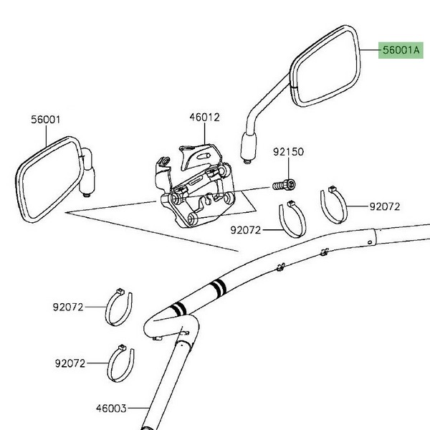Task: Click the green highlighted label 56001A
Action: pos(401,50)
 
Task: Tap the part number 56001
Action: pos(46,120)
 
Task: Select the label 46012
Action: pos(204,118)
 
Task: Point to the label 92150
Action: pos(288,152)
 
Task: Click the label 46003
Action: pos(111,408)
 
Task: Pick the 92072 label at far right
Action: pos(385,206)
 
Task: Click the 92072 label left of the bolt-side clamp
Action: pos(245,230)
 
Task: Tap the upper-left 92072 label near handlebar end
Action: pos(68,307)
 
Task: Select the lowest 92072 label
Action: pos(70,363)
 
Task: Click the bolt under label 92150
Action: pos(284,185)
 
